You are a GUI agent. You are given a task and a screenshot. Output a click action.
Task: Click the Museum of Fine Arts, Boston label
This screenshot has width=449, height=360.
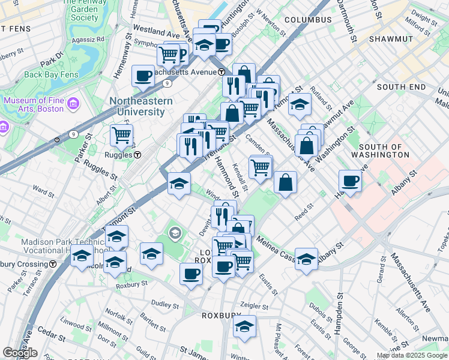[34, 104]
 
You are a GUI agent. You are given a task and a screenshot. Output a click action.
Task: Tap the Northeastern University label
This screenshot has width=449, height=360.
[140, 106]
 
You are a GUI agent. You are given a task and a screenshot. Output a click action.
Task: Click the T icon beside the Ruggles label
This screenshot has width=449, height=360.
[137, 155]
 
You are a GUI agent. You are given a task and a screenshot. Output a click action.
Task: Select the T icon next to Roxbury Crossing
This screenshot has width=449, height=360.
[53, 263]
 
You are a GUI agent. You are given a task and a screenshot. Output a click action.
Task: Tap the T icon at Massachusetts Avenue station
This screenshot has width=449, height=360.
[221, 72]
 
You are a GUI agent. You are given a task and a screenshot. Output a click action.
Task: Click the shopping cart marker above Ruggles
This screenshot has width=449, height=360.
[122, 136]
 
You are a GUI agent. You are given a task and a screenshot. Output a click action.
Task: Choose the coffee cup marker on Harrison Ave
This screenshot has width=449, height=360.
[350, 181]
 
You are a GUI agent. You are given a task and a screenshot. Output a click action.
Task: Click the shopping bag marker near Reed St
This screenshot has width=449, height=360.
[286, 182]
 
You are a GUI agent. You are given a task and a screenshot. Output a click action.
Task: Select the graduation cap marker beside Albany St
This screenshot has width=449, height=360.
[306, 258]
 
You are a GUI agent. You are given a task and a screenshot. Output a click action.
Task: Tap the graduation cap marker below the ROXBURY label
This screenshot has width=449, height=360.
[245, 326]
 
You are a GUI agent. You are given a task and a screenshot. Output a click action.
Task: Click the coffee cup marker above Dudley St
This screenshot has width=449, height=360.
[191, 274]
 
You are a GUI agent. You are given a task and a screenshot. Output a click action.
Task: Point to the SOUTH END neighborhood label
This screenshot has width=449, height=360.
[402, 87]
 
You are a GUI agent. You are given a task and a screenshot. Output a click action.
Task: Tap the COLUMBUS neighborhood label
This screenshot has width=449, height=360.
[308, 20]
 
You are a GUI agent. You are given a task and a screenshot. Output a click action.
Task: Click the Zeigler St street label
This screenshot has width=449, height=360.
[252, 305]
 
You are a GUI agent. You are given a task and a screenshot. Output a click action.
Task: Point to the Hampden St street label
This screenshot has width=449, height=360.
[340, 311]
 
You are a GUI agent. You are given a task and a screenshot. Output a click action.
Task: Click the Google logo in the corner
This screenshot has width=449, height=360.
[20, 353]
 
